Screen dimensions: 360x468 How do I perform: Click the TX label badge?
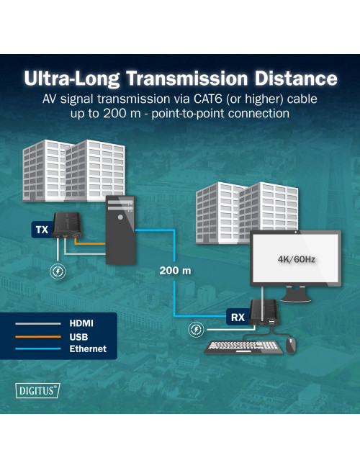42,230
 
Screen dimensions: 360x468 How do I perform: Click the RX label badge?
238,317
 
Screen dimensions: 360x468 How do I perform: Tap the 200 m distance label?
175,271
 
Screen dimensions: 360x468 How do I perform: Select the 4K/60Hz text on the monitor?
296,259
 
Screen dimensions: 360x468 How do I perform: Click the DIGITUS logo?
37,390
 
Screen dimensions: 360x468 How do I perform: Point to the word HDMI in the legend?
81,323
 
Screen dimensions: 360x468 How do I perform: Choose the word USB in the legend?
78,337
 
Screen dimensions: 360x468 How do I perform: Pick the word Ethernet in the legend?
88,348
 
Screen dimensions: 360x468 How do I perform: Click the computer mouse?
291,346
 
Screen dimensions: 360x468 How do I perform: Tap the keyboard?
244,348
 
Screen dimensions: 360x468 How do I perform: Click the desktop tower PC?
120,230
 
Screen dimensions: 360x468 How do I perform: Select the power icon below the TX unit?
58,271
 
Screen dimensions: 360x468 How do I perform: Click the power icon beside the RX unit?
196,330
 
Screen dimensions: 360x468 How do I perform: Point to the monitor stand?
295,294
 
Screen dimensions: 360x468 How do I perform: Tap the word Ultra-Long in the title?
72,78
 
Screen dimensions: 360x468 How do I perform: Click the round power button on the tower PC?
120,217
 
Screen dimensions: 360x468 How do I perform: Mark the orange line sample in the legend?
38,337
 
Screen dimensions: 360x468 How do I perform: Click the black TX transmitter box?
67,225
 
